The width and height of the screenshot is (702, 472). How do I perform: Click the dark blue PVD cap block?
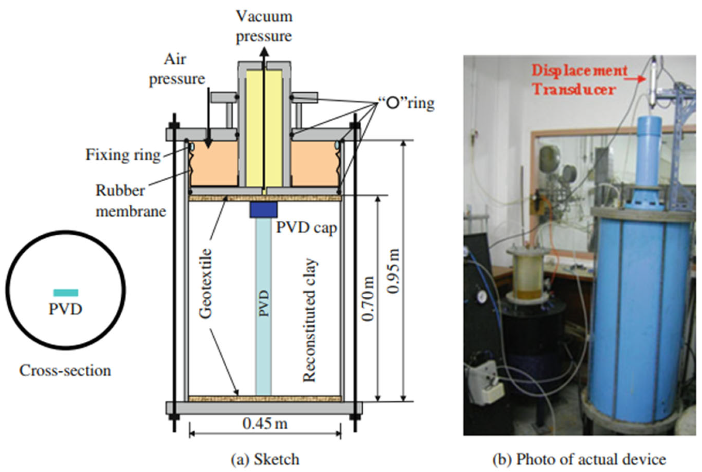(263, 210)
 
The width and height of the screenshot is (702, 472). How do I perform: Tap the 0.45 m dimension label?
(265, 424)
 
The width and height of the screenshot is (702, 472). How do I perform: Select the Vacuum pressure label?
(264, 26)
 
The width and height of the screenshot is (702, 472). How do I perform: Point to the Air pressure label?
(177, 69)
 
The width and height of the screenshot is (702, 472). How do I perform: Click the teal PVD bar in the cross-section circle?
(66, 292)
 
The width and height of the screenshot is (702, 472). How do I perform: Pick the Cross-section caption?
(65, 371)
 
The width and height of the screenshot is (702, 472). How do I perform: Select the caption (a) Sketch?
(264, 459)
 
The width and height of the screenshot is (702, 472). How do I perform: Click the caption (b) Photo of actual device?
(579, 459)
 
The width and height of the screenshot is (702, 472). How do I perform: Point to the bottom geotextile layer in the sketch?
(265, 399)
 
